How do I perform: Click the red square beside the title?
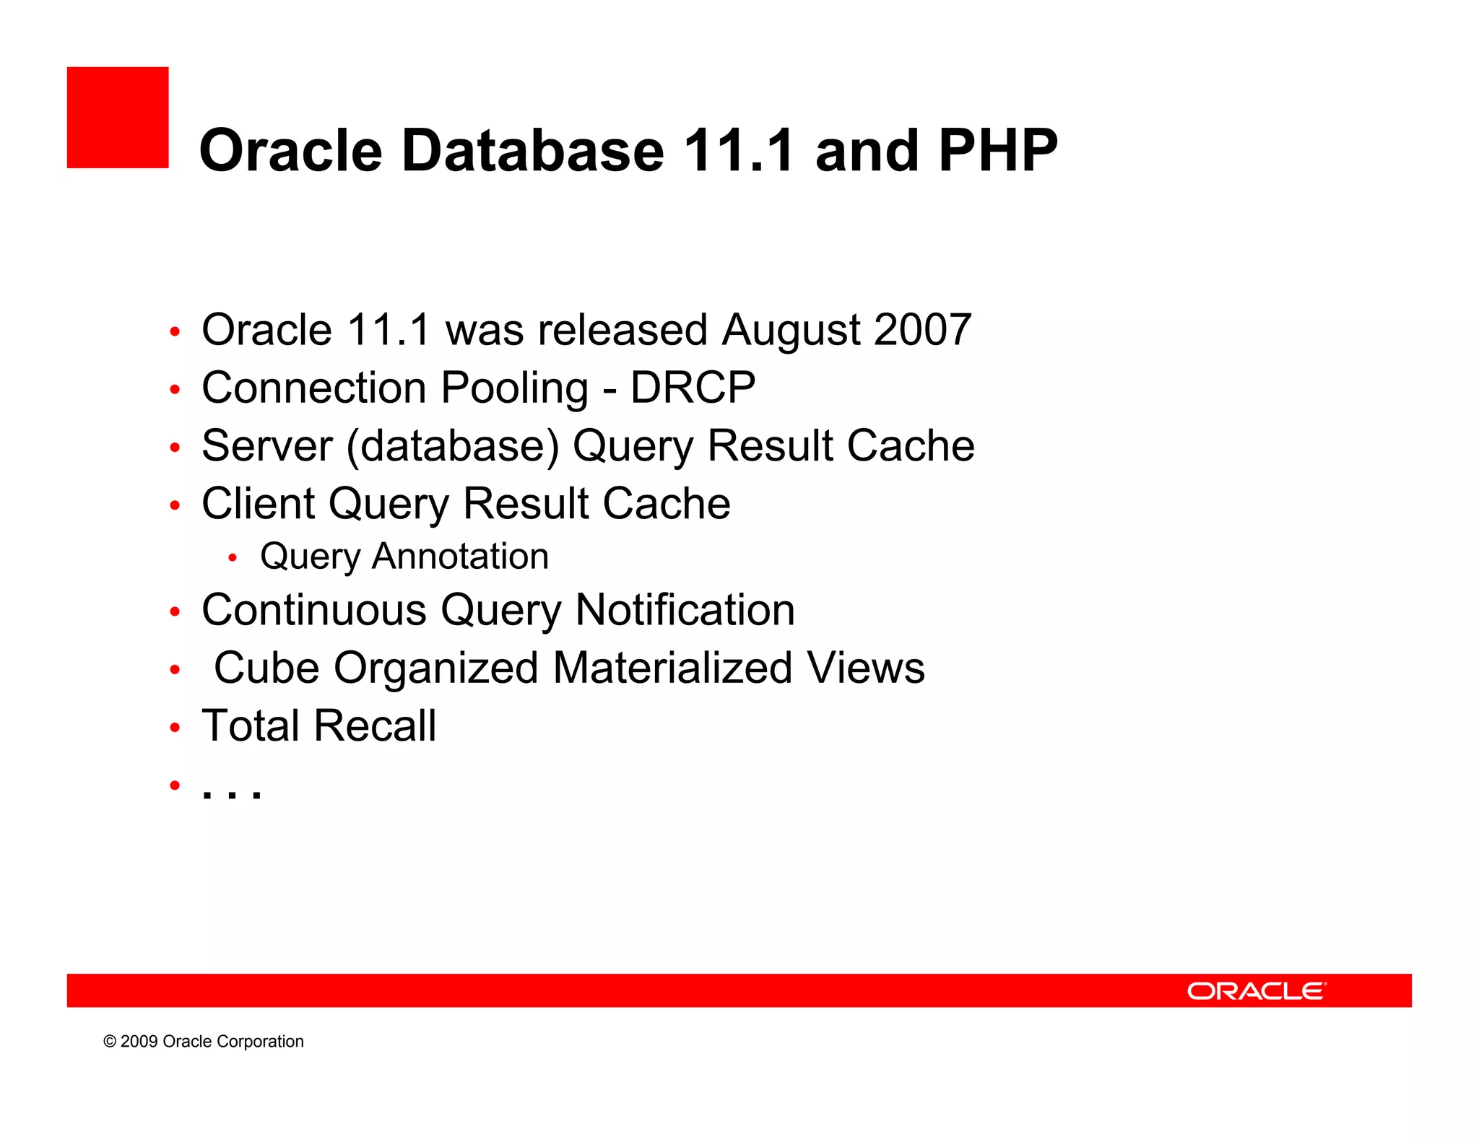coord(118,118)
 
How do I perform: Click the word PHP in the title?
coord(998,150)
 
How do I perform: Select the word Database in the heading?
coord(532,150)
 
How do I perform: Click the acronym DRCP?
coord(693,388)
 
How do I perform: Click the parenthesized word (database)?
coord(453,446)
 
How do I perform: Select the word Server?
coord(267,446)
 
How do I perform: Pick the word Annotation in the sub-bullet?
coord(460,557)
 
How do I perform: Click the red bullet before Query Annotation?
coord(232,557)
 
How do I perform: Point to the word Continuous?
coord(314,610)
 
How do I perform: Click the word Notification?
coord(685,610)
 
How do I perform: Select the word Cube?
coord(266,668)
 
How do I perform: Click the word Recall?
coord(375,725)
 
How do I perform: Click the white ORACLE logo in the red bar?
coord(1256,990)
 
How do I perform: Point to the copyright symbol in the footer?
coord(110,1042)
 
